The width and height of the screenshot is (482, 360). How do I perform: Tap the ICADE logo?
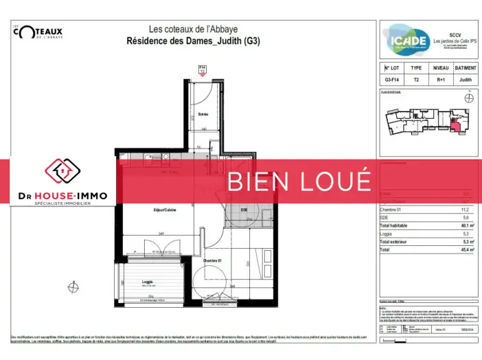(x=407, y=40)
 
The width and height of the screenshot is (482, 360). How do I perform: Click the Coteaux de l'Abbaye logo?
(x=38, y=33)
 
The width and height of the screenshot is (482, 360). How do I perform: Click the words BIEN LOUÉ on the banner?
(x=299, y=181)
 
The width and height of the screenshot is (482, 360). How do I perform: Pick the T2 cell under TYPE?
(x=416, y=80)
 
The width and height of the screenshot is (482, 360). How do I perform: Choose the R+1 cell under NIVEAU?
(x=440, y=80)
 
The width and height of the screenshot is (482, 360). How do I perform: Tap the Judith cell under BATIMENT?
(x=466, y=80)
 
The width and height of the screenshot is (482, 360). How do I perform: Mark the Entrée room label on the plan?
(x=203, y=114)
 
